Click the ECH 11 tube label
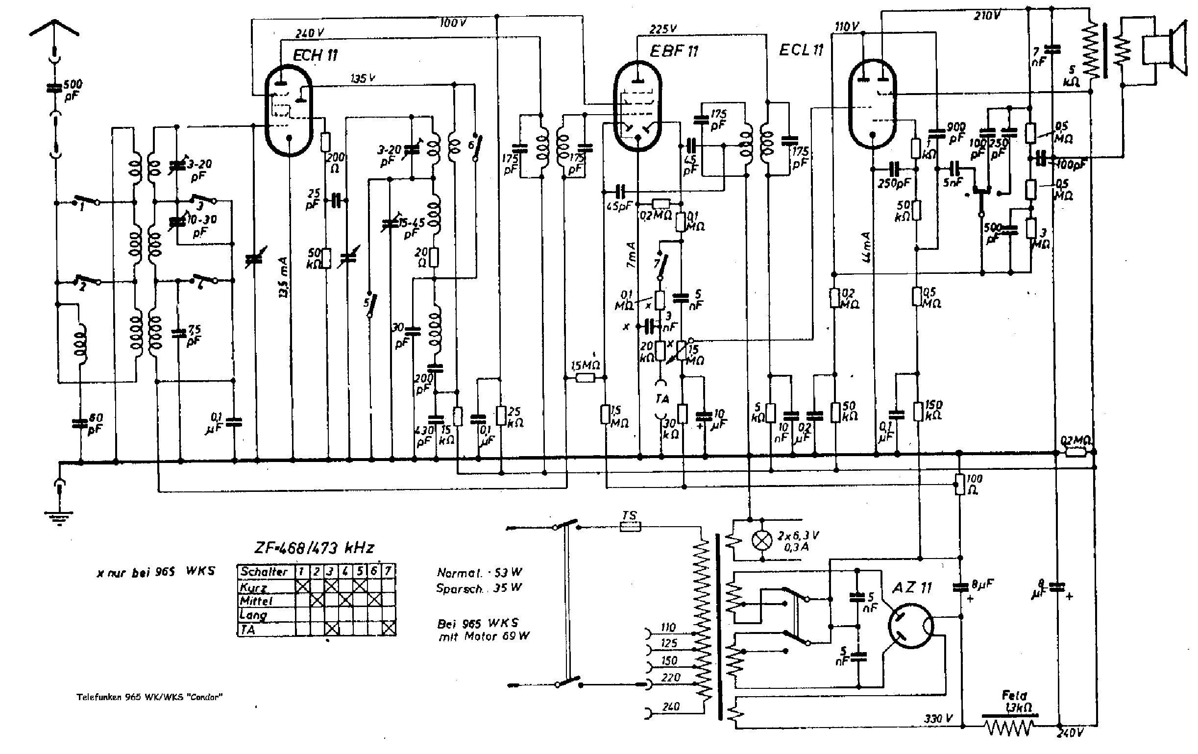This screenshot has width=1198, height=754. pyautogui.click(x=315, y=55)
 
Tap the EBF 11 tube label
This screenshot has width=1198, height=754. pyautogui.click(x=674, y=51)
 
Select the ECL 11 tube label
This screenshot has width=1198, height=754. pyautogui.click(x=801, y=50)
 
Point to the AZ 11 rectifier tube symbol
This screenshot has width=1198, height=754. pyautogui.click(x=911, y=626)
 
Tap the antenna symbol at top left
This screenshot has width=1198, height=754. pyautogui.click(x=54, y=27)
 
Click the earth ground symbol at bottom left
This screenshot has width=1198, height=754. pyautogui.click(x=59, y=517)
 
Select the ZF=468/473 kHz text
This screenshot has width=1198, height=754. pyautogui.click(x=314, y=548)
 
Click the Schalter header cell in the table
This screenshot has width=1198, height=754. pyautogui.click(x=264, y=571)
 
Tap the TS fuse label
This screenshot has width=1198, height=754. pyautogui.click(x=629, y=516)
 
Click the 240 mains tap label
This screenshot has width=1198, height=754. pyautogui.click(x=670, y=707)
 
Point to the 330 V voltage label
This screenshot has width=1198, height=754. pyautogui.click(x=938, y=718)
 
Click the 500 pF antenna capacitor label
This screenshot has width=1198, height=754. pyautogui.click(x=72, y=90)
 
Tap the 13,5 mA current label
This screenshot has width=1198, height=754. pyautogui.click(x=283, y=277)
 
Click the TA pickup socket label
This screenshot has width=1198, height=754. pyautogui.click(x=662, y=398)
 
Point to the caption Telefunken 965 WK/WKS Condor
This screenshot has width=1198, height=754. pyautogui.click(x=149, y=697)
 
